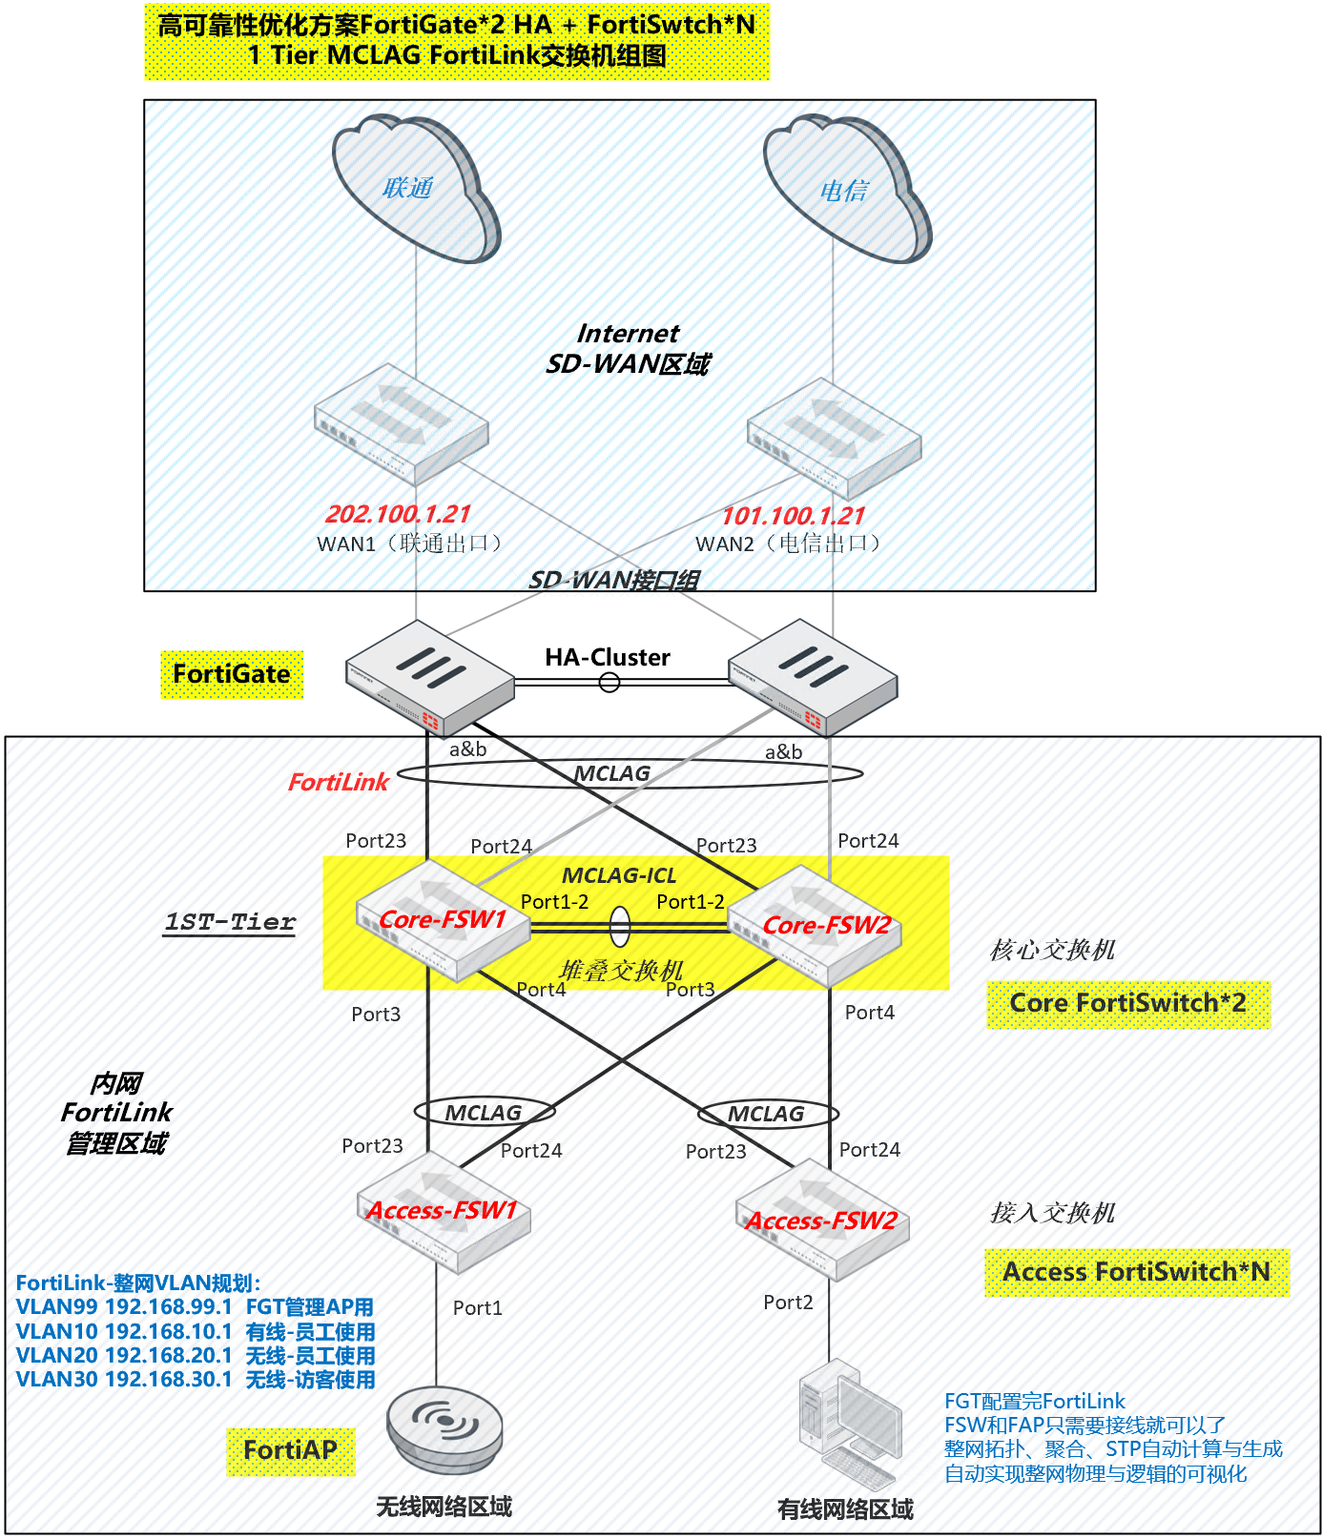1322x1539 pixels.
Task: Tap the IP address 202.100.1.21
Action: point(398,514)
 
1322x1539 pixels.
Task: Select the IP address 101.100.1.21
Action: point(793,516)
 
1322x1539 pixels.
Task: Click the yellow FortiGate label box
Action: point(232,674)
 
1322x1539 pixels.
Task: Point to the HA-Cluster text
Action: point(608,657)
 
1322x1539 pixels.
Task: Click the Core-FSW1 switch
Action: point(443,921)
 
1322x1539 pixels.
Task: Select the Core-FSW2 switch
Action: point(816,926)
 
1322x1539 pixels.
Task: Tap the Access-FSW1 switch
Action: point(443,1212)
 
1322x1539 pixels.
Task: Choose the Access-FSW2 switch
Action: point(822,1221)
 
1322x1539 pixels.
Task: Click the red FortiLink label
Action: point(338,783)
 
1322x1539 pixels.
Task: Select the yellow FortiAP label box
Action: point(290,1451)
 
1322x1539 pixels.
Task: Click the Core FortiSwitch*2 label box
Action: point(1127,1004)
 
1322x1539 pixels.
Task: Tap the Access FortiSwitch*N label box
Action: point(1136,1273)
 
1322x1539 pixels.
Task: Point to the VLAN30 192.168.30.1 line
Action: point(196,1380)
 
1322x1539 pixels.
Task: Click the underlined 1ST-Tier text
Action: point(230,922)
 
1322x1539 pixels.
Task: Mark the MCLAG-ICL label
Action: point(618,875)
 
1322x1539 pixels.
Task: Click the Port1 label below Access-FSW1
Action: point(477,1308)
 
